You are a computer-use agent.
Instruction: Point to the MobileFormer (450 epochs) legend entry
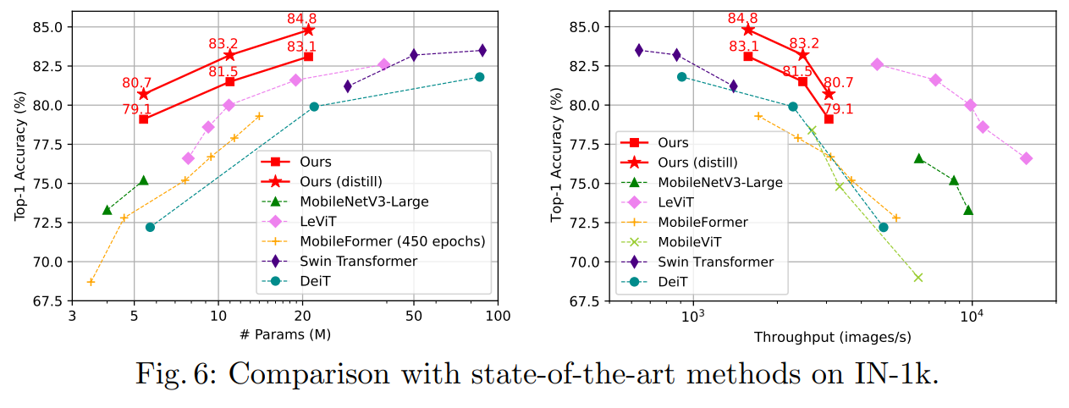coord(392,241)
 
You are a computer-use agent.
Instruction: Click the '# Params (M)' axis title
coord(284,334)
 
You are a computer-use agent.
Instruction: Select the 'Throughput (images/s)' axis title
coord(833,338)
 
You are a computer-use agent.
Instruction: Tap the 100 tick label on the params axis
coord(498,317)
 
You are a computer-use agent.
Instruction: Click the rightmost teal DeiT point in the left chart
coord(479,77)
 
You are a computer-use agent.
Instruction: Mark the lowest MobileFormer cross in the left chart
coord(91,282)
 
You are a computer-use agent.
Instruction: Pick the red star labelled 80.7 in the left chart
coord(143,94)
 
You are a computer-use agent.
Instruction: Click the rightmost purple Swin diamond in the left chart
coord(482,51)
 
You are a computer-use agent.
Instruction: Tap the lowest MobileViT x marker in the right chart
coord(917,277)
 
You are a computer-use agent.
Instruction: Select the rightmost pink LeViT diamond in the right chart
coord(1026,158)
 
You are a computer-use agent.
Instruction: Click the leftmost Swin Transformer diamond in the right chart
coord(639,50)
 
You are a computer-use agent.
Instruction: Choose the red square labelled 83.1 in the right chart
coord(748,56)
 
